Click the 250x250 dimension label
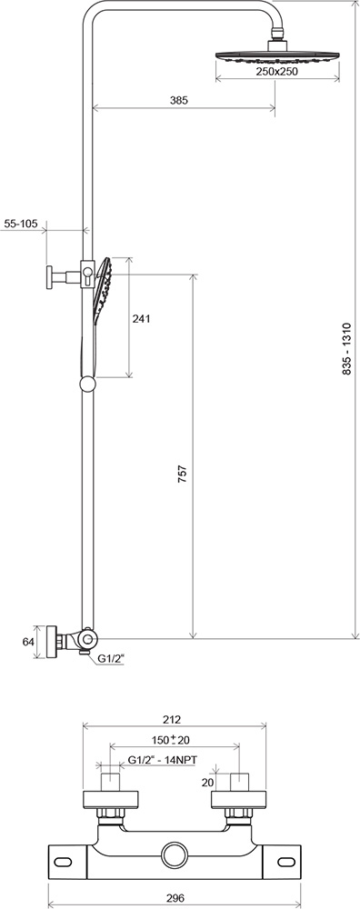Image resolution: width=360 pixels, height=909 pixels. [276, 71]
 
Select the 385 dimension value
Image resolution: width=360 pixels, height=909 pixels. [180, 100]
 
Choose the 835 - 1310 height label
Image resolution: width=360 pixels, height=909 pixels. [346, 349]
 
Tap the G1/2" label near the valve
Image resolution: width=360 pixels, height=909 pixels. [111, 658]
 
